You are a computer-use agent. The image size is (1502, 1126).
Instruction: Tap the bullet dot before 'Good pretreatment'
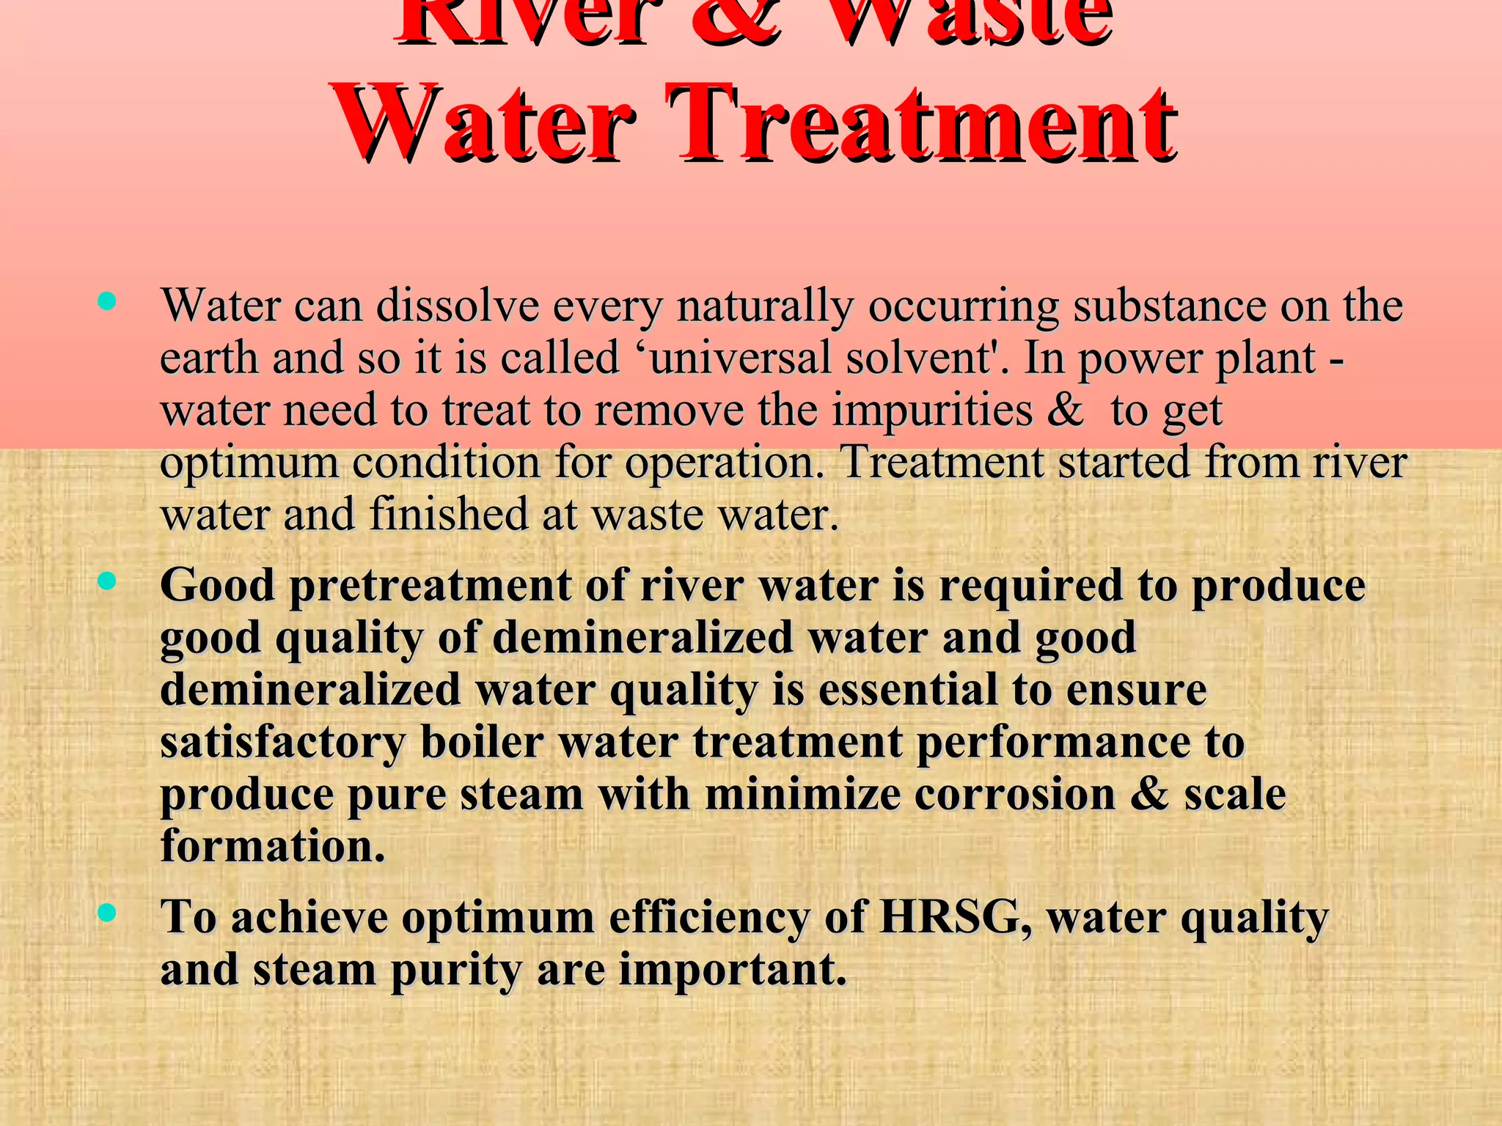click(x=107, y=581)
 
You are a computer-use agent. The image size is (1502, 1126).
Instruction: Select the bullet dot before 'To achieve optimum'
click(x=107, y=912)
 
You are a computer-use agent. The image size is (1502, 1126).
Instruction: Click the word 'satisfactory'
click(x=282, y=742)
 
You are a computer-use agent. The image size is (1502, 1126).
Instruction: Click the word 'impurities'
click(x=932, y=411)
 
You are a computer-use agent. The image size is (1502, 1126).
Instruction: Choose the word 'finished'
click(x=449, y=514)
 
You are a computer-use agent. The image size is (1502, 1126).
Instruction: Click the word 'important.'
click(x=733, y=971)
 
